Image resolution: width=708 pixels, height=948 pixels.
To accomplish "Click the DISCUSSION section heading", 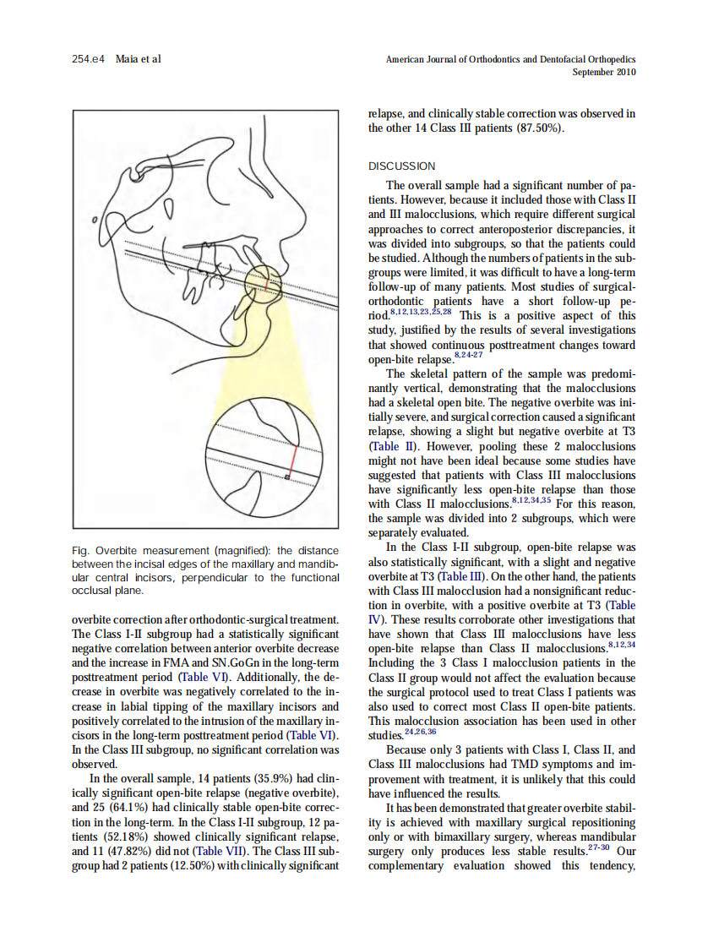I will coord(401,166).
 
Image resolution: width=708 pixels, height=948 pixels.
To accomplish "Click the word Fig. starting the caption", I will coord(82,551).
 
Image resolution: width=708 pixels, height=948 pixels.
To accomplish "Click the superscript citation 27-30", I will coord(602,847).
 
